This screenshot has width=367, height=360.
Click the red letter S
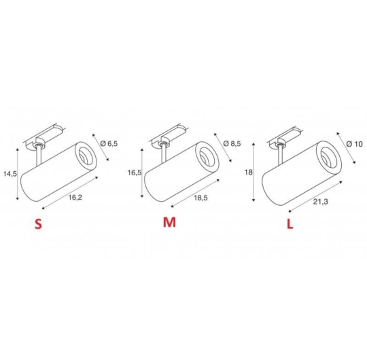click(38, 224)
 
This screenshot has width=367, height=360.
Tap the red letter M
click(169, 222)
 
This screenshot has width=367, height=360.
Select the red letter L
click(290, 224)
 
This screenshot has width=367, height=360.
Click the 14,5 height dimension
click(10, 174)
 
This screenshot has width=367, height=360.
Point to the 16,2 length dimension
click(75, 198)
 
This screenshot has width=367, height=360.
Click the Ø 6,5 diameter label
click(109, 143)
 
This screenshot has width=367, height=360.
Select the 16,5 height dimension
click(135, 173)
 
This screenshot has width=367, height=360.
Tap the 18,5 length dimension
click(200, 198)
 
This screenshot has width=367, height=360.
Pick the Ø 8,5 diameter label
click(232, 143)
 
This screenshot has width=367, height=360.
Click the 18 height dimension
click(249, 173)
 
